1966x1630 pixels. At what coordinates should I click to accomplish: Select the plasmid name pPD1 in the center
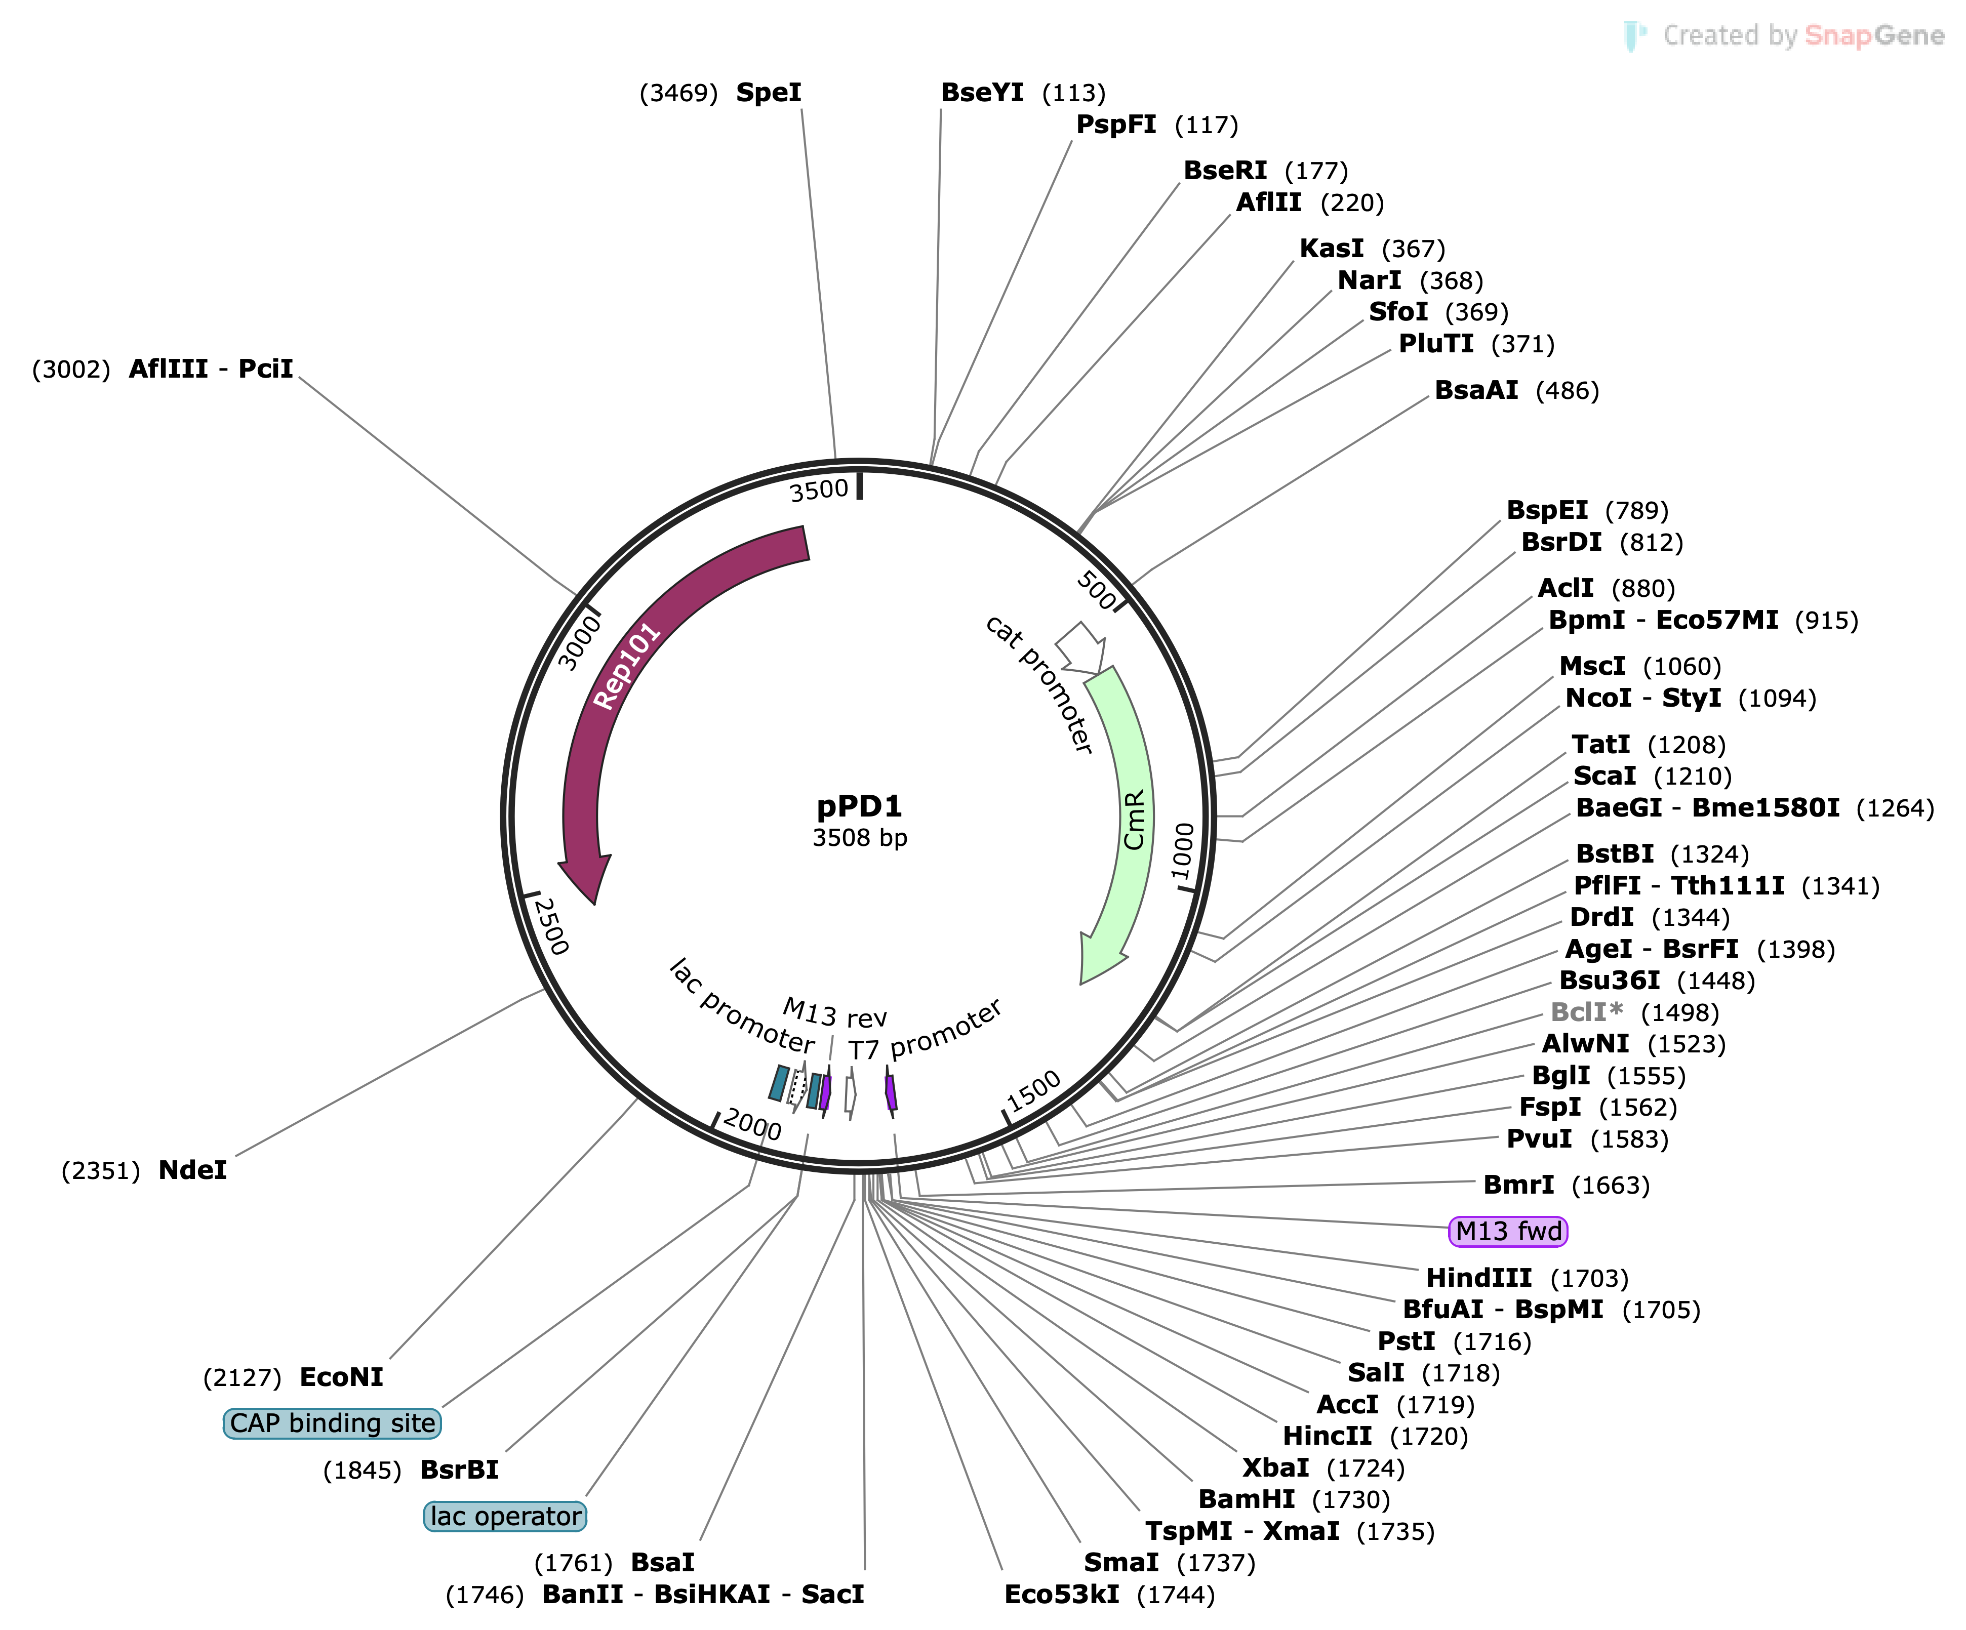[859, 805]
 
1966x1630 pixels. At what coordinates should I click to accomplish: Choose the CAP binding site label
[332, 1423]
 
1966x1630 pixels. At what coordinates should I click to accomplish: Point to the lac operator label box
[505, 1516]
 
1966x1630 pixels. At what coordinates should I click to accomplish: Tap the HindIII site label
[1478, 1278]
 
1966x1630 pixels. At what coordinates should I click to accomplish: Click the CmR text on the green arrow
[1134, 820]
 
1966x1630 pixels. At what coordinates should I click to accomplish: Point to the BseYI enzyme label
[982, 93]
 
